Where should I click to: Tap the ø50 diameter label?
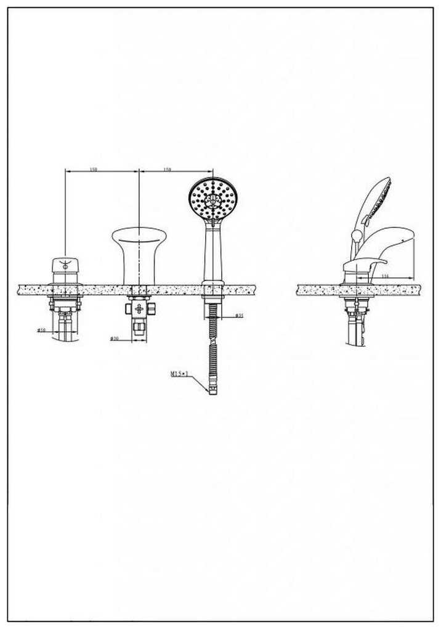coord(41,331)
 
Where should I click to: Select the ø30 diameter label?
coord(114,339)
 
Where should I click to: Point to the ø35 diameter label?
coord(240,316)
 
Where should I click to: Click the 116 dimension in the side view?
coord(384,276)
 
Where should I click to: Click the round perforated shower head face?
coord(212,199)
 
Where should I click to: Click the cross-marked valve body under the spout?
coord(139,308)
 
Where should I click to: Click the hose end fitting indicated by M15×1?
coord(213,389)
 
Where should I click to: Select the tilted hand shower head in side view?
coord(374,200)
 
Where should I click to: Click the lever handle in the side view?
coord(363,264)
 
